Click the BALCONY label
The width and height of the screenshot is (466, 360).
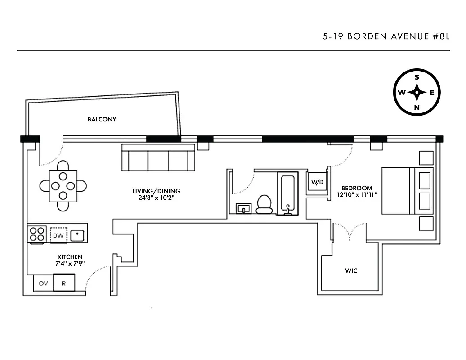[x=102, y=119]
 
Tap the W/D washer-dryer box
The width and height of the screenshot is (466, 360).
[x=317, y=182]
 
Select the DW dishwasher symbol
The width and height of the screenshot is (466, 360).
[x=58, y=234]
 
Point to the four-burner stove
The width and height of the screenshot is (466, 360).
[x=37, y=234]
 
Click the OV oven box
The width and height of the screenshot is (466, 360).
[x=43, y=283]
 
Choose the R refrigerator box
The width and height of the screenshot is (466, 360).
[x=64, y=283]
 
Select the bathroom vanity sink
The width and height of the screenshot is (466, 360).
[x=245, y=208]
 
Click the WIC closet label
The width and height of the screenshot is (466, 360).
[x=351, y=271]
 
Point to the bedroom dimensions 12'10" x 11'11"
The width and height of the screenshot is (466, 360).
[x=357, y=195]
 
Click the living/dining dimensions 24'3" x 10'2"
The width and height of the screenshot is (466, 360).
[x=156, y=198]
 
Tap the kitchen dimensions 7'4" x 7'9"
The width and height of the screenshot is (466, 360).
[x=70, y=263]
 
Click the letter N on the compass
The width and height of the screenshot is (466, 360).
[x=417, y=108]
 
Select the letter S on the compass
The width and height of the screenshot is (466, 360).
[x=417, y=77]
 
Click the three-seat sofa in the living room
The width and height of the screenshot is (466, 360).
[x=158, y=158]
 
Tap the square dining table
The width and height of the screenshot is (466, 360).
[x=63, y=185]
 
